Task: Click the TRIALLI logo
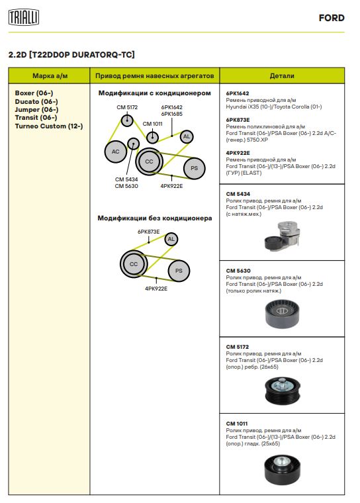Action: [23, 17]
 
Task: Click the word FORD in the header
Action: [332, 18]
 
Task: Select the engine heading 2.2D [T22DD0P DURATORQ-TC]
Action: [71, 54]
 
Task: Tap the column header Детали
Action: [282, 76]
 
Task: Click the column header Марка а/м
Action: [50, 76]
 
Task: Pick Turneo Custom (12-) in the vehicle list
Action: [49, 126]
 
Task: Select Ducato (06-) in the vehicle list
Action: [36, 101]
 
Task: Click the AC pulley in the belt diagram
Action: [116, 152]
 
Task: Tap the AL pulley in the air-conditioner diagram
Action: [187, 136]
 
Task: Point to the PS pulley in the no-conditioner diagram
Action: [179, 271]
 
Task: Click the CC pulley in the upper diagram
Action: [149, 161]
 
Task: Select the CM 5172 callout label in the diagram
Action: [127, 107]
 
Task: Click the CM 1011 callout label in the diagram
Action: [152, 124]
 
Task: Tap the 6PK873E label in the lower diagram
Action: [148, 232]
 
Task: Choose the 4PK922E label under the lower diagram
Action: [156, 289]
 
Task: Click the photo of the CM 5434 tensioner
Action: [283, 236]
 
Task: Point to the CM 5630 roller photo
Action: [282, 314]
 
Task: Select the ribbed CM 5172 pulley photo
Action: [283, 391]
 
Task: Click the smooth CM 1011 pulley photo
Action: [283, 470]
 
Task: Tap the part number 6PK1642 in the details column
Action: [238, 93]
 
